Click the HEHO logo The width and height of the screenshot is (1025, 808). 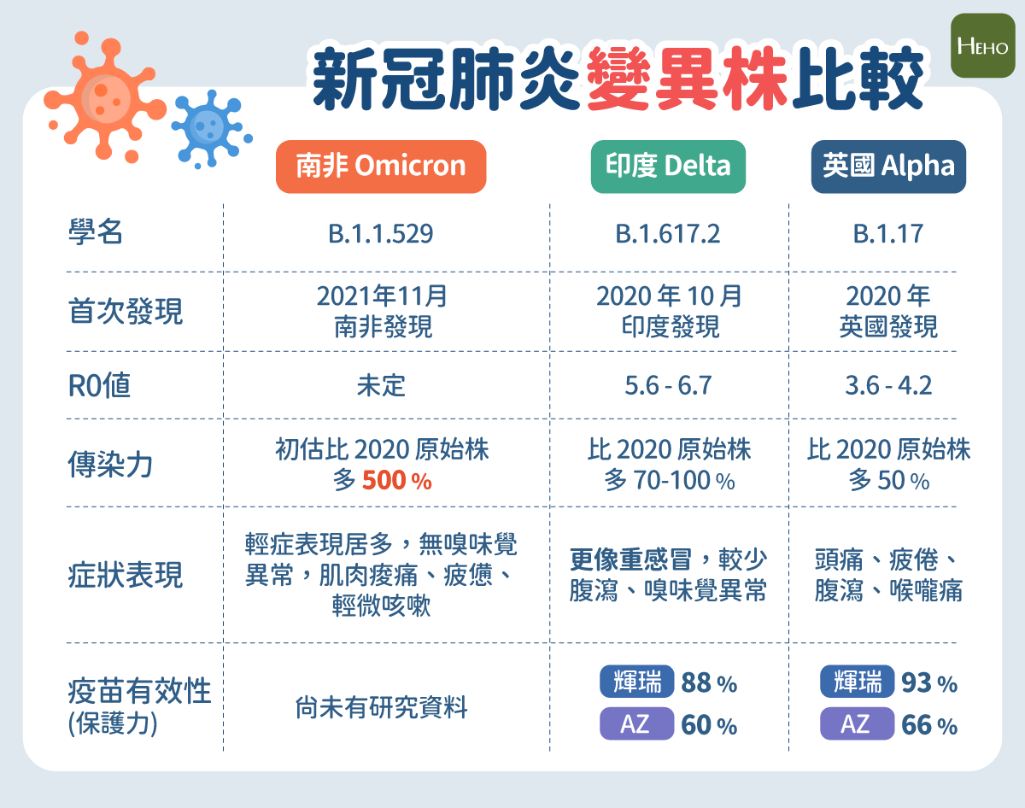(982, 46)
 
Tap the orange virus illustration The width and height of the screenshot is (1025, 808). (105, 97)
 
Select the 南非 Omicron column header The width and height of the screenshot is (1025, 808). (381, 167)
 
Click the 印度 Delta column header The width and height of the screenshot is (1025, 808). (668, 167)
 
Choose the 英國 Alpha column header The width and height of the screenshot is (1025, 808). (888, 167)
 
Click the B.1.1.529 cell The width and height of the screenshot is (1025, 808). (381, 234)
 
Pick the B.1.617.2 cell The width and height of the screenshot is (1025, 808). (668, 234)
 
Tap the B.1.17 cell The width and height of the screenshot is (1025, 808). (887, 234)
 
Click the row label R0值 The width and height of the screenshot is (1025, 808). (99, 385)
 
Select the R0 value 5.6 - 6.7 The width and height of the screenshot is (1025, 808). (668, 385)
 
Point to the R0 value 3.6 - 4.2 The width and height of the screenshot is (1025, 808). (888, 385)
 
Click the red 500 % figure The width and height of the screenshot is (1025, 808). (396, 480)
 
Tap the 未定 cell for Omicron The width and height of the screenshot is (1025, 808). (381, 385)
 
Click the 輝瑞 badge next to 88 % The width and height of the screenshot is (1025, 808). (637, 682)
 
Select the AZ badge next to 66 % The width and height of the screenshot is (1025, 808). (857, 723)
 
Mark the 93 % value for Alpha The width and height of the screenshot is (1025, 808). (929, 682)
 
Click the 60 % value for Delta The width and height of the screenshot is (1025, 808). (709, 725)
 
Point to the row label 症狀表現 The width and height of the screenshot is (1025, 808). (126, 575)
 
